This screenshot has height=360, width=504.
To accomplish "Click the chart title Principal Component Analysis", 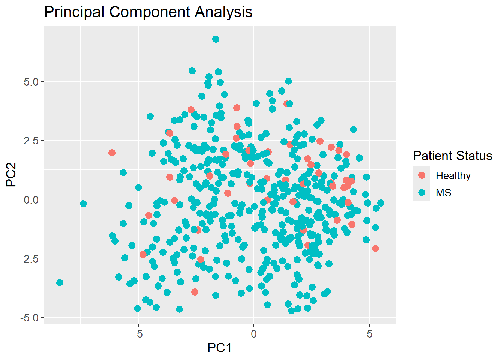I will tap(148, 12).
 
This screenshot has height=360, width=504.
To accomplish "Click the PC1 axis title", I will tap(220, 348).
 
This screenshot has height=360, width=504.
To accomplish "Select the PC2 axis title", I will tap(11, 175).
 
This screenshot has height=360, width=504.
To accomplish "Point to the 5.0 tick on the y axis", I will tap(31, 82).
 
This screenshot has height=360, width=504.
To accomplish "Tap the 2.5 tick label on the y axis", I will tap(31, 141).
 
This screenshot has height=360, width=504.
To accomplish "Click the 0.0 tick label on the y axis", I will tap(31, 199).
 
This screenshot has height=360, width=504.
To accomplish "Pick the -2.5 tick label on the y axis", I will tap(30, 258).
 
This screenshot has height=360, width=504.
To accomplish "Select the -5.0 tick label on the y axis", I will tap(30, 318).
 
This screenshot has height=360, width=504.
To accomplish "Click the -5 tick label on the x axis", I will tap(138, 333).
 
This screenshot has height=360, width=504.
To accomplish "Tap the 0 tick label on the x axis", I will tap(254, 333).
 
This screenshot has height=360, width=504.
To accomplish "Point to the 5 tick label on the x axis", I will tap(370, 333).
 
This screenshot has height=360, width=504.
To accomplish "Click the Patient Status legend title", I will tap(453, 156).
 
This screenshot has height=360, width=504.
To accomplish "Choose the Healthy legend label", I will tap(453, 175).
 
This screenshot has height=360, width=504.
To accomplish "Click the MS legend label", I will tap(443, 193).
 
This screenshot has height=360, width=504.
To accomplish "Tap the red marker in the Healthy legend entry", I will tap(421, 175).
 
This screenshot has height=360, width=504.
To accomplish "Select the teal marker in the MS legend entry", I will tap(421, 193).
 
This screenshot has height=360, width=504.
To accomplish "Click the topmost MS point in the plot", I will tap(216, 39).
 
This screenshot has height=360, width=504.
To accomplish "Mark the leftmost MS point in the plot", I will tap(60, 282).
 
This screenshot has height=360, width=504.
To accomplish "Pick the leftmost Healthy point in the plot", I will tap(112, 153).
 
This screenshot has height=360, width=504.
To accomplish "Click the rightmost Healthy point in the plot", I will tap(375, 248).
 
